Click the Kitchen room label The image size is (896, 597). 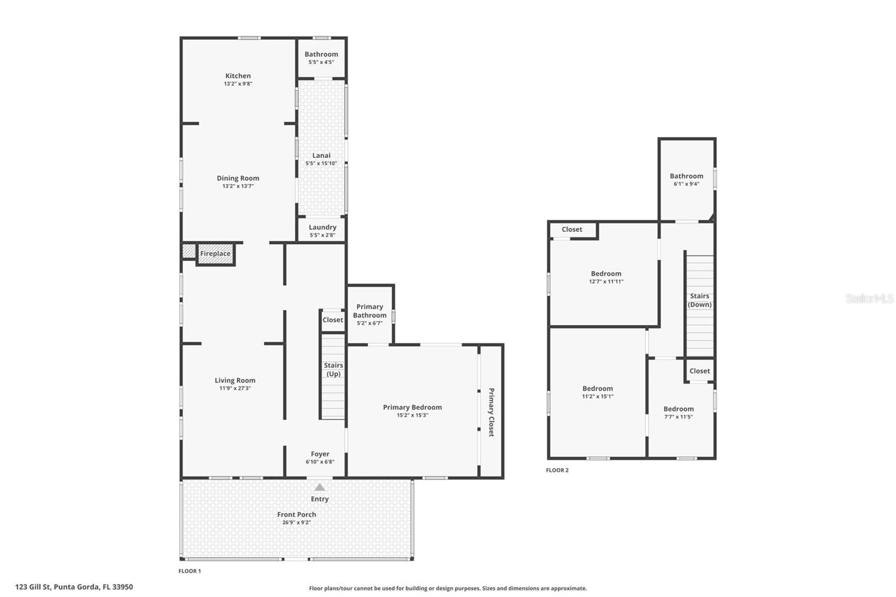tap(238, 76)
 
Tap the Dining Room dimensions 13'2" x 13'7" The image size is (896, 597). tap(238, 186)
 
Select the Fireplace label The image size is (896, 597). tap(215, 254)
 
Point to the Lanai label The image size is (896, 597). tap(321, 156)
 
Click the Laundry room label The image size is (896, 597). tap(323, 227)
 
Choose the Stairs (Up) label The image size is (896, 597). tap(333, 370)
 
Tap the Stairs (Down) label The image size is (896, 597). tap(699, 300)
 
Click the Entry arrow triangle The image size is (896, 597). tap(320, 487)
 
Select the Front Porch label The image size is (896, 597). tap(297, 515)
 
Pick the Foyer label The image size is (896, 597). tap(320, 454)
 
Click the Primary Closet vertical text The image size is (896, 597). tap(491, 412)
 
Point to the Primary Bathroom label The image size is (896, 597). tap(370, 311)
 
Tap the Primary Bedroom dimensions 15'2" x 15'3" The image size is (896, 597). tap(413, 415)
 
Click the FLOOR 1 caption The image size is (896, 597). tap(190, 571)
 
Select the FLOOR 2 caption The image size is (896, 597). tap(557, 470)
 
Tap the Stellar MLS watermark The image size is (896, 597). tap(870, 298)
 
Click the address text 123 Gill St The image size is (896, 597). tap(74, 587)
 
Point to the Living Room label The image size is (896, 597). tap(235, 381)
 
